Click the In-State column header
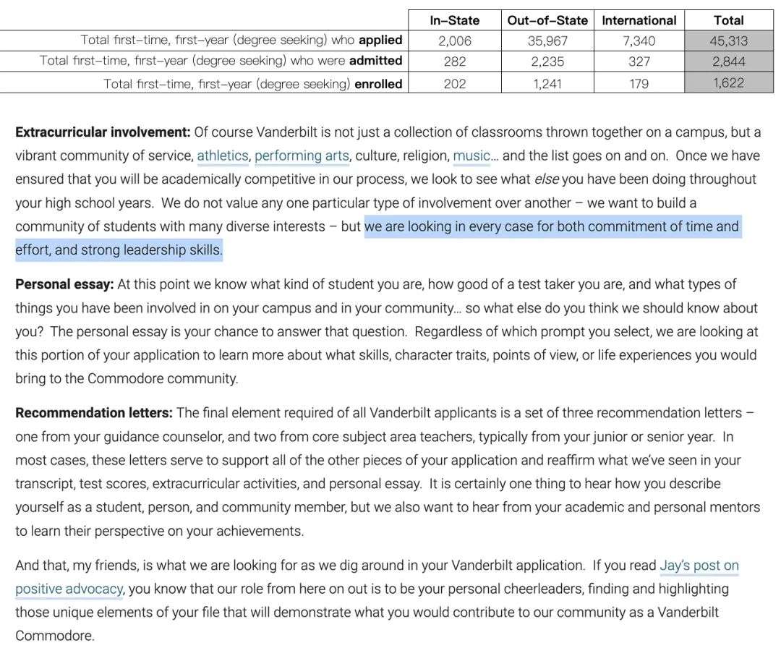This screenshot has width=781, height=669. coord(454,20)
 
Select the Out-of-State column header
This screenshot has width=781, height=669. coord(547,20)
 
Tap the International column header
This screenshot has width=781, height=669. coord(639,20)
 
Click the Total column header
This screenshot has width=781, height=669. coord(728,20)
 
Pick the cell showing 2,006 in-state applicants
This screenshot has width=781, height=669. coord(454,41)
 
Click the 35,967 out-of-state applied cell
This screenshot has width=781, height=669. coord(547,41)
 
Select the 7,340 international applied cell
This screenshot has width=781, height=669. coord(639,41)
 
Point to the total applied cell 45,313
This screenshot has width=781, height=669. coord(728,41)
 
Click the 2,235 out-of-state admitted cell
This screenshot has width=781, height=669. coord(547,61)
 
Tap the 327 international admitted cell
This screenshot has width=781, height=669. coord(639,61)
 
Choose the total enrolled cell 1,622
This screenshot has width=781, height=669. coord(728,83)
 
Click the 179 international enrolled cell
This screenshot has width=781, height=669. coord(639,83)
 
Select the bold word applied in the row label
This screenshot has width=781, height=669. coord(380,40)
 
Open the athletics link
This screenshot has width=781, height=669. coord(222,155)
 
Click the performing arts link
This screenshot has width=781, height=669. coord(302,155)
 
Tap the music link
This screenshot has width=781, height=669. coord(471,155)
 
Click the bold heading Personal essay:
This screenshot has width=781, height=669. coord(64,284)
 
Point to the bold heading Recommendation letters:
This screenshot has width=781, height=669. coord(94,413)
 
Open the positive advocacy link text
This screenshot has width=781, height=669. coord(69,589)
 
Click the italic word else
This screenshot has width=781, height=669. coord(547,179)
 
